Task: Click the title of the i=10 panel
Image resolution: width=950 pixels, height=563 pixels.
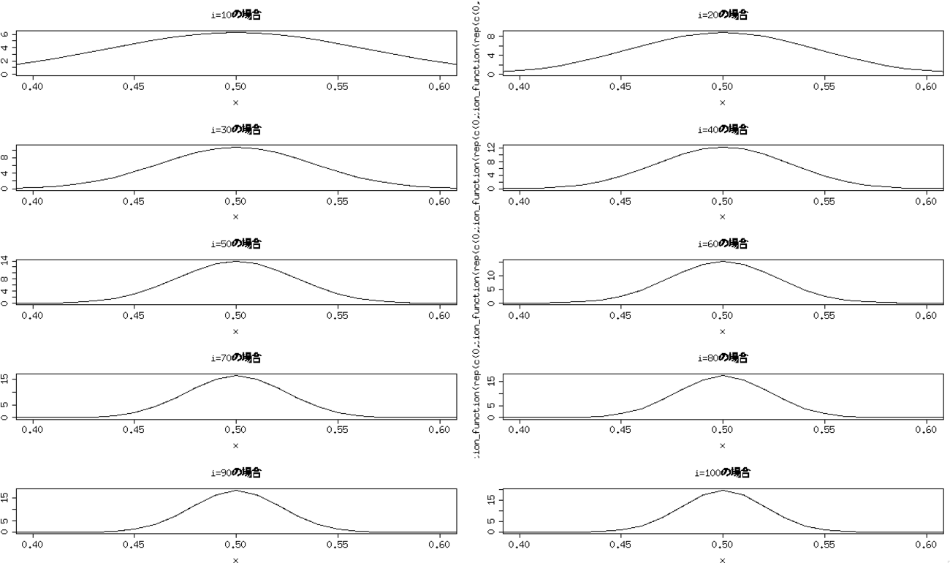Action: (235, 15)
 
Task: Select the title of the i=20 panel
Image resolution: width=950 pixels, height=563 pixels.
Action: (722, 15)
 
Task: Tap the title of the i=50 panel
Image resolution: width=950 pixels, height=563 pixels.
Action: (235, 243)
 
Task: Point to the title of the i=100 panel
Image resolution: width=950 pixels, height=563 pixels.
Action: (722, 472)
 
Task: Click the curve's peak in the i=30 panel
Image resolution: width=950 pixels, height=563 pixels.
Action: (235, 147)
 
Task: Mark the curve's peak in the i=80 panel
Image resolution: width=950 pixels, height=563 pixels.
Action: (723, 375)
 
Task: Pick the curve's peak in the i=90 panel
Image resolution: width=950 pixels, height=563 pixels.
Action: (236, 490)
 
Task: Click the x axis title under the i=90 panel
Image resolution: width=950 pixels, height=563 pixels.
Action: (235, 560)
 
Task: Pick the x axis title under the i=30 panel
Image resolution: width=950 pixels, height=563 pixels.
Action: (235, 216)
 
